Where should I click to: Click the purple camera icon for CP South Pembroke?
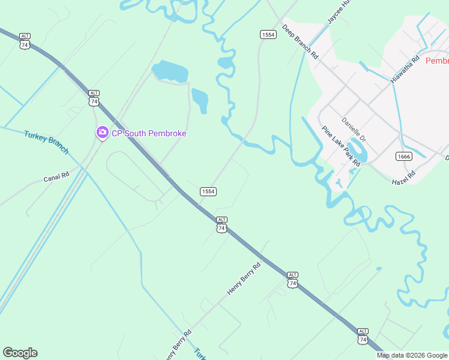pos(102,133)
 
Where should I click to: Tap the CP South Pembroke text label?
pos(149,133)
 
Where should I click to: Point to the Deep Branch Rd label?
pos(300,41)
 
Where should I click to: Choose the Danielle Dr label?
pos(354,129)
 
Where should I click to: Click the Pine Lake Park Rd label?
pos(340,146)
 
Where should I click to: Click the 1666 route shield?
pos(403,156)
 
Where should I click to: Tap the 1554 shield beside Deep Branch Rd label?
pos(268,35)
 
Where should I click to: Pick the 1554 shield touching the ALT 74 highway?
pos(208,191)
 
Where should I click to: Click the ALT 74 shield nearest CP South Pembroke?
pos(94,97)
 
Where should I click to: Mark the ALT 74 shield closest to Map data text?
pos(363,335)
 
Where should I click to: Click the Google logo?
pos(20,353)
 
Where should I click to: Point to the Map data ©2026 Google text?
pos(412,355)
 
